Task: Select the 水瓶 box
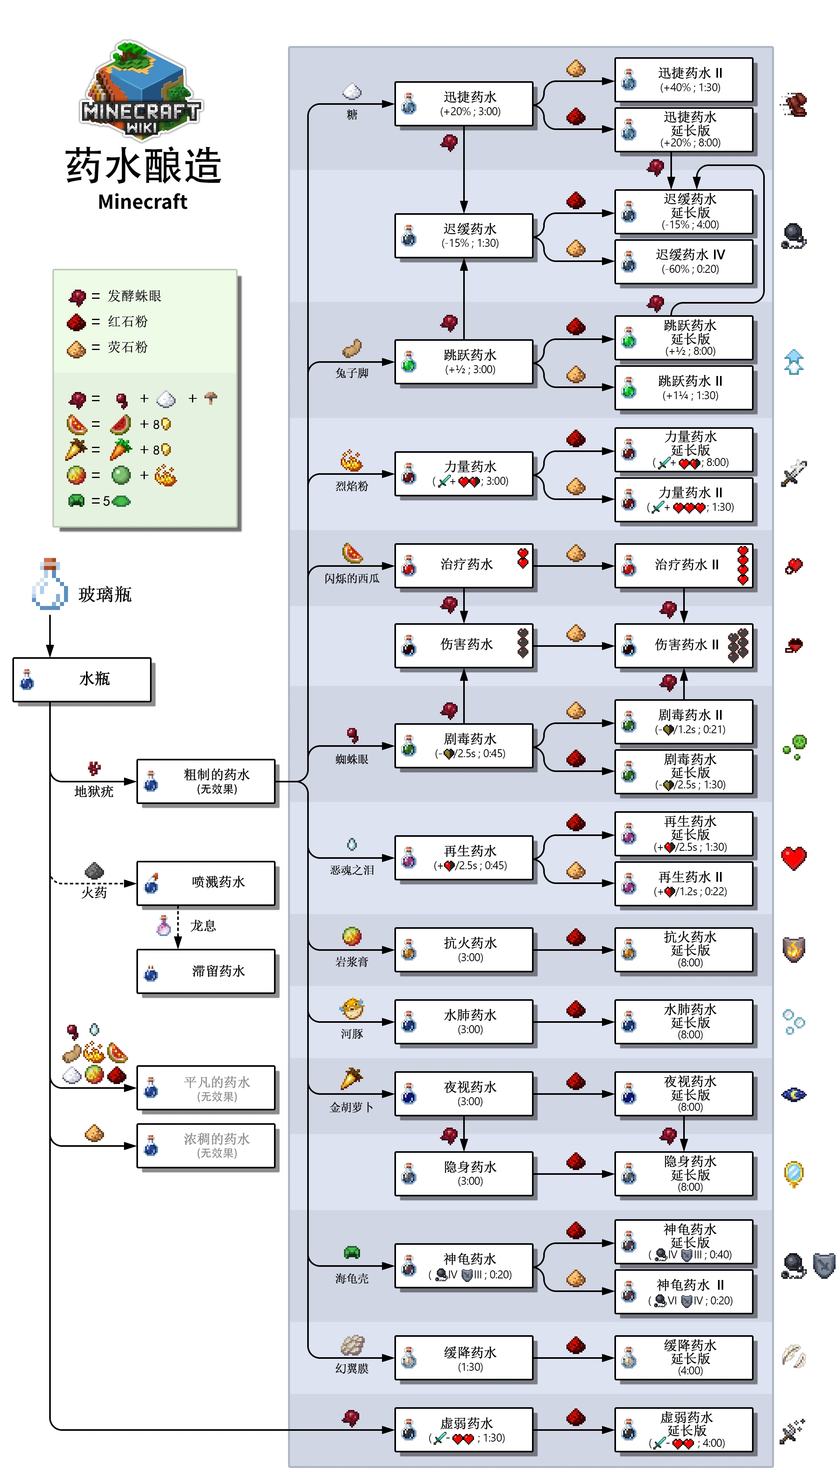click(x=82, y=680)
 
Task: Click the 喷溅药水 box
click(x=206, y=882)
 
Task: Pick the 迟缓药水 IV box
click(x=684, y=261)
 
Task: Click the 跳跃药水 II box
click(x=684, y=388)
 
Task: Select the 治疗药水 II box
click(x=684, y=565)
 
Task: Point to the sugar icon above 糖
click(x=352, y=91)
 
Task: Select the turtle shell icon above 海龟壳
click(x=352, y=1252)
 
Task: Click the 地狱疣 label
click(x=94, y=791)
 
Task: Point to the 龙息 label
click(x=203, y=926)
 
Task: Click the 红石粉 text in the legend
click(x=128, y=321)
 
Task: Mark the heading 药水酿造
click(x=143, y=166)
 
